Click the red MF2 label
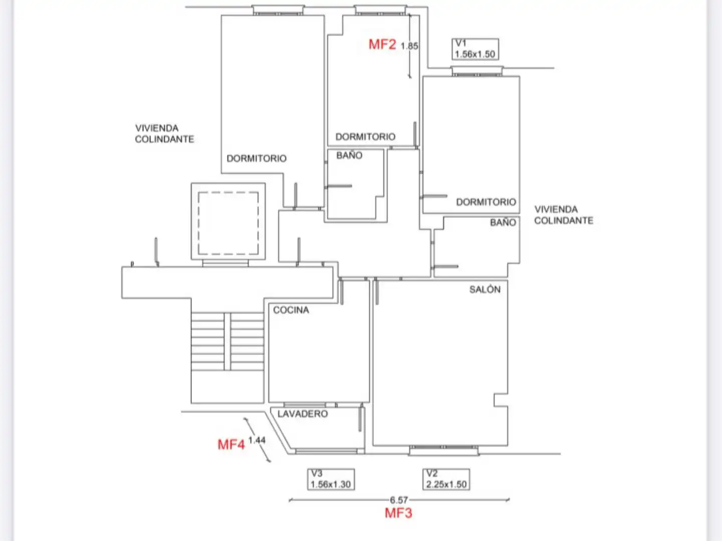pos(382,45)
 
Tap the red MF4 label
pos(231,445)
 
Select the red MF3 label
pos(398,513)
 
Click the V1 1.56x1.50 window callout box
pos(475,49)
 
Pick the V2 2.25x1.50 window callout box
pos(446,479)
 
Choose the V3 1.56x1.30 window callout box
pos(331,479)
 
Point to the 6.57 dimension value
pos(399,500)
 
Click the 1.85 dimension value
pos(409,46)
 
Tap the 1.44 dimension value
pos(257,440)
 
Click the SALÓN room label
pos(485,290)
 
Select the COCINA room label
pos(291,310)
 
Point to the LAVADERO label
pos(303,414)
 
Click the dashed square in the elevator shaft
pos(228,192)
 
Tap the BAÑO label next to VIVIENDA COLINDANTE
pos(503,222)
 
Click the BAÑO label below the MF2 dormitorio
pos(349,155)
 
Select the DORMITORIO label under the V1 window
pos(486,202)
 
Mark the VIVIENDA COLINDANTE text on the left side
pos(164,134)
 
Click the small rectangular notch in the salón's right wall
pos(501,400)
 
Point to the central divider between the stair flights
pos(227,342)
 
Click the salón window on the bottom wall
pos(443,450)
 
